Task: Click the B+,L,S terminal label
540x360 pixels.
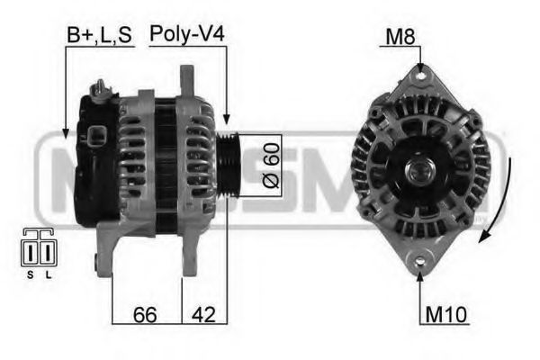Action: point(99,35)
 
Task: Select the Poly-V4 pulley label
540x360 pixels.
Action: point(186,35)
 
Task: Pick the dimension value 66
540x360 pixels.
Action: point(147,315)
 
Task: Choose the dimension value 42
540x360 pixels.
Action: point(203,315)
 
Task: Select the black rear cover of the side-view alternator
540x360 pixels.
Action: point(94,166)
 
